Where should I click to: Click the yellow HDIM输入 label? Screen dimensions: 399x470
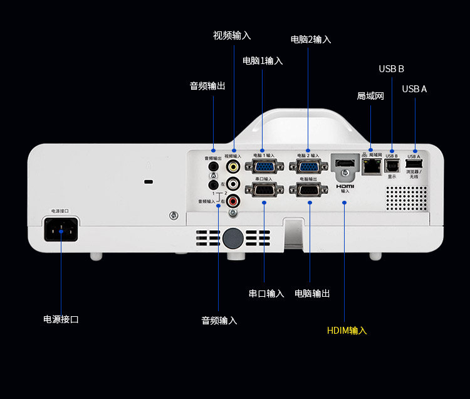click(x=347, y=331)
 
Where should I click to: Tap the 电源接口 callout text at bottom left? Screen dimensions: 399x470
click(x=61, y=319)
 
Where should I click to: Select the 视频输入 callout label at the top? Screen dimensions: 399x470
click(x=232, y=36)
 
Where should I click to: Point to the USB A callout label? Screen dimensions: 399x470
click(x=414, y=89)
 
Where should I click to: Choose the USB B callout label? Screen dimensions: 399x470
click(x=391, y=68)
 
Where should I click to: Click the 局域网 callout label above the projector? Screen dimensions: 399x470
click(x=370, y=96)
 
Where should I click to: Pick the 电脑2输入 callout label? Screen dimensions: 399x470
click(x=311, y=40)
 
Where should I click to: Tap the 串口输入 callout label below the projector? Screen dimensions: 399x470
click(x=266, y=294)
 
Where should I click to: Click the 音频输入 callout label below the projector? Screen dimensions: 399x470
click(x=219, y=321)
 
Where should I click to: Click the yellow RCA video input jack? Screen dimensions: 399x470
click(x=233, y=166)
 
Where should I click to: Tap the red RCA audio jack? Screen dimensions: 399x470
click(x=233, y=201)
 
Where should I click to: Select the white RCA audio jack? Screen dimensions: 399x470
click(x=233, y=184)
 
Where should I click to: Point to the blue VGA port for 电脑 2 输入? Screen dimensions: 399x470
click(x=308, y=167)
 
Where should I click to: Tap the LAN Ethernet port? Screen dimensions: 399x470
click(x=372, y=166)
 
